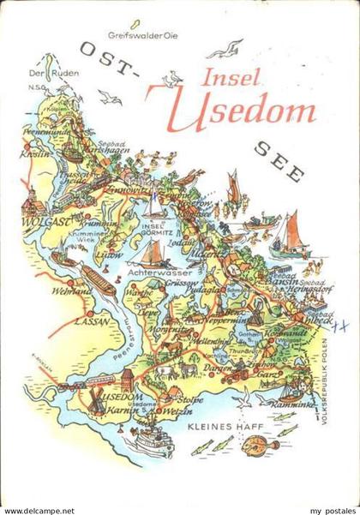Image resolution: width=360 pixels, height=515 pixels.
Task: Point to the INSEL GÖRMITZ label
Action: [155, 231]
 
